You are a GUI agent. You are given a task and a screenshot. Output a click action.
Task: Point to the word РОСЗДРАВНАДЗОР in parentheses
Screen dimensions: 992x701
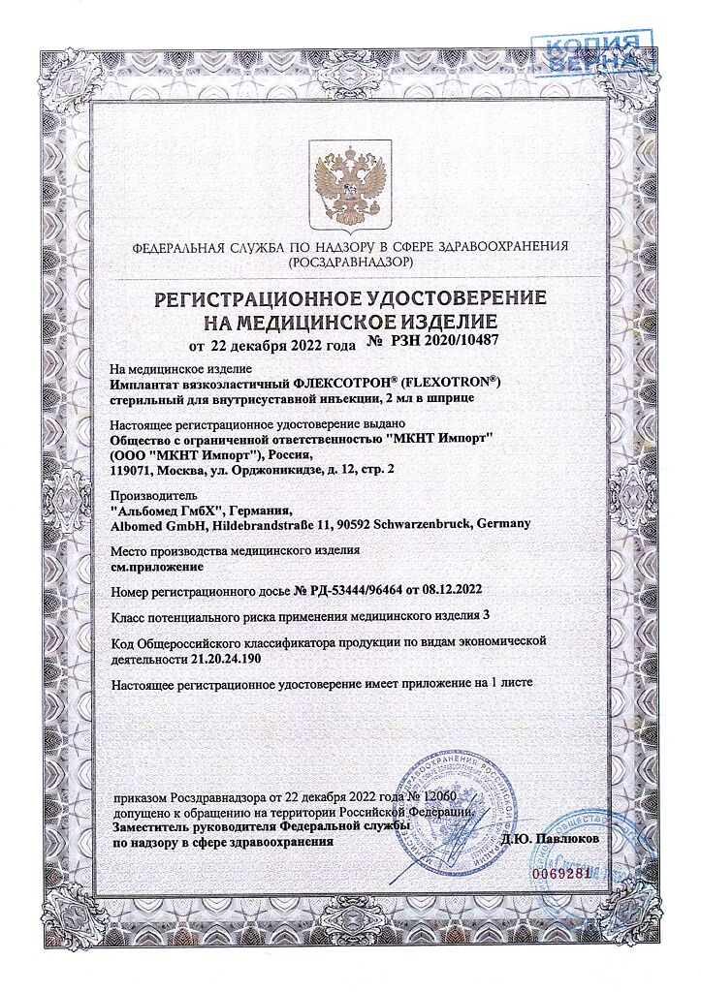point(350,263)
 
